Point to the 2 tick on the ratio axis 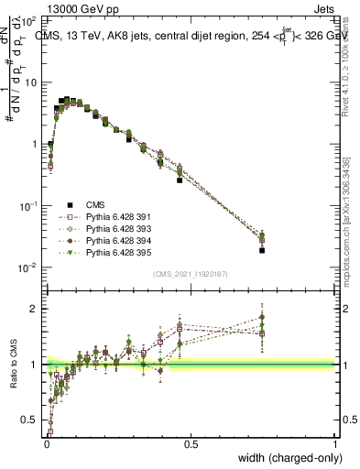tap(35, 309)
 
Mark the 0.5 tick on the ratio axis tap(31, 420)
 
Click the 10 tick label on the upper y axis tap(31, 82)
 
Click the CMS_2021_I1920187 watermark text tap(191, 274)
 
